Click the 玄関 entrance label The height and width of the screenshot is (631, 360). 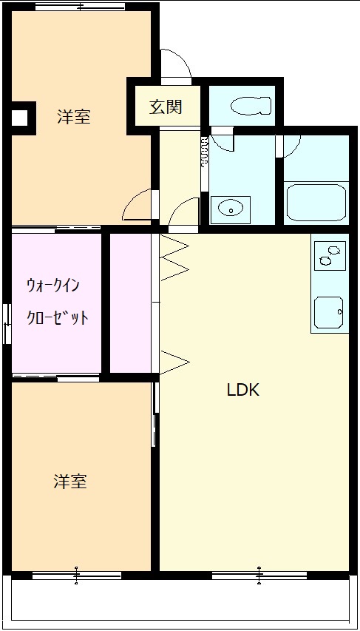pyautogui.click(x=166, y=107)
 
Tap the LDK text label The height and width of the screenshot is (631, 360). pyautogui.click(x=243, y=390)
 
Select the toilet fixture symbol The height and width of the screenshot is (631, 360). pyautogui.click(x=251, y=107)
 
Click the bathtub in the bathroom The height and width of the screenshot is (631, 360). pyautogui.click(x=316, y=203)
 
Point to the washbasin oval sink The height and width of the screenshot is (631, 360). pyautogui.click(x=231, y=209)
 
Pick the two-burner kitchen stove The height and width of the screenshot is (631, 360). pyautogui.click(x=330, y=256)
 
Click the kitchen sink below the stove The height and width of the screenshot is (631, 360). pyautogui.click(x=330, y=312)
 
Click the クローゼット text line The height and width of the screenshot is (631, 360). pyautogui.click(x=57, y=318)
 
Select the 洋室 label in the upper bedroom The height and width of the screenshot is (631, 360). pyautogui.click(x=73, y=116)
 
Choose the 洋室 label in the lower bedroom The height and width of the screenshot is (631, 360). pyautogui.click(x=70, y=481)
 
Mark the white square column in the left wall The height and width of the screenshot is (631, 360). pyautogui.click(x=19, y=118)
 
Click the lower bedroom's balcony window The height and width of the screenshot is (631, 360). pyautogui.click(x=76, y=576)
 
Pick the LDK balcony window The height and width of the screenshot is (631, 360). pyautogui.click(x=259, y=576)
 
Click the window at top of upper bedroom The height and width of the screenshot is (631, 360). pyautogui.click(x=80, y=7)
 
